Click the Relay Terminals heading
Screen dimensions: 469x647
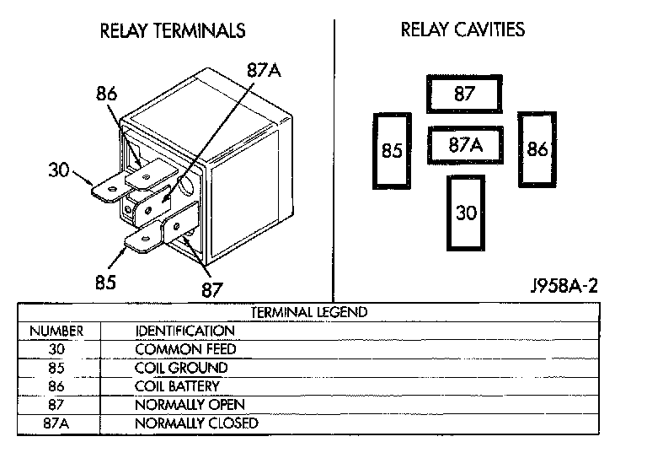tap(173, 31)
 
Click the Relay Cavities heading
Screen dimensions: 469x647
tap(463, 30)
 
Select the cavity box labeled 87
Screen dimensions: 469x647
tap(464, 94)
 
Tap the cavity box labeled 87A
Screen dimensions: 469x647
tap(465, 145)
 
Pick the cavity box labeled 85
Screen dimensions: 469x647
tap(392, 152)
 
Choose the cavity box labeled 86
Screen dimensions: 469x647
tap(537, 150)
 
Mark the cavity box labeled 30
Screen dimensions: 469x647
tap(466, 212)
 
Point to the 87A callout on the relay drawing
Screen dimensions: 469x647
tap(263, 71)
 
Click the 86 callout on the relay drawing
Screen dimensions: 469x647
tap(106, 95)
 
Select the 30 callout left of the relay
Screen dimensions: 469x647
tap(58, 170)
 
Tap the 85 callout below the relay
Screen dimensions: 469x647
tap(105, 282)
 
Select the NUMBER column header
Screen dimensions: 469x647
tap(56, 332)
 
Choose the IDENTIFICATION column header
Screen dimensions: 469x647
tap(184, 332)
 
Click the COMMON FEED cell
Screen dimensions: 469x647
tap(185, 349)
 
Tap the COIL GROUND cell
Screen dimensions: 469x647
tap(181, 368)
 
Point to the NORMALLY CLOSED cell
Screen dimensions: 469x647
tap(196, 423)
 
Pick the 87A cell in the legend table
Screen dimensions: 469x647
tap(56, 423)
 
